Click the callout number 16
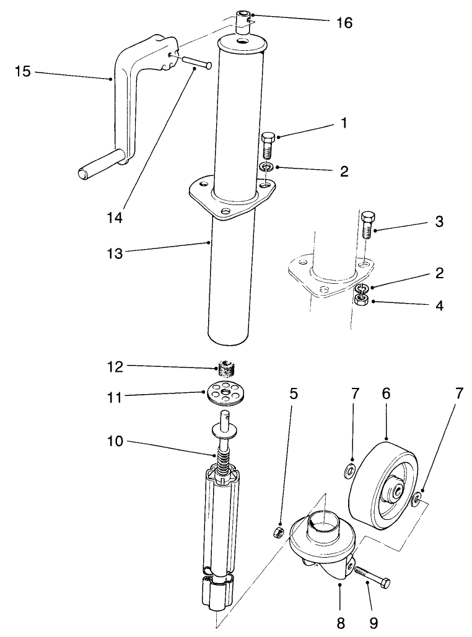pyautogui.click(x=344, y=23)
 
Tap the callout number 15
pyautogui.click(x=22, y=72)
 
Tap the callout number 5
pyautogui.click(x=294, y=393)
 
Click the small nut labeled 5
pyautogui.click(x=279, y=532)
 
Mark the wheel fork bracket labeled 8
pyautogui.click(x=322, y=545)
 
